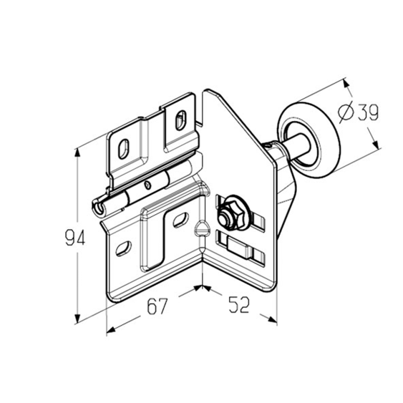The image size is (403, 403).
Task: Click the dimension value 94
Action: (75, 238)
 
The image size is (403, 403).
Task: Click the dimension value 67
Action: (157, 306)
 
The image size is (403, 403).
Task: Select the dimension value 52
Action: (239, 305)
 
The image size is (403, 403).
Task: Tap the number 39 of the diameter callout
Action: (368, 112)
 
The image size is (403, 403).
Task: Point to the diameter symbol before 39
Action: (346, 112)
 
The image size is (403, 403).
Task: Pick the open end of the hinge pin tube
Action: (98, 207)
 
